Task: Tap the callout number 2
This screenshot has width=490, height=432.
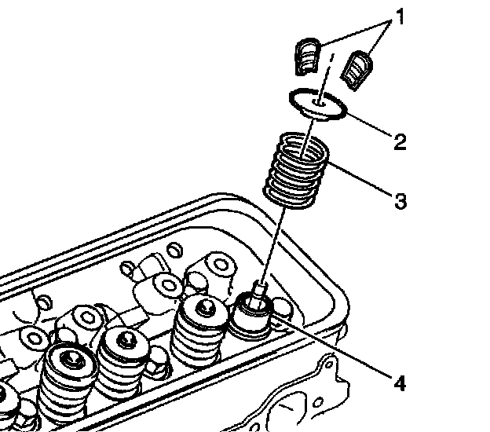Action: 400,141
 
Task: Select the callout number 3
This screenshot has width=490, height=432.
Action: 400,201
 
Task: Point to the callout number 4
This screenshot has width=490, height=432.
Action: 400,384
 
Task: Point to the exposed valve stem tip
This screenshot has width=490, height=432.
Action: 260,287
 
